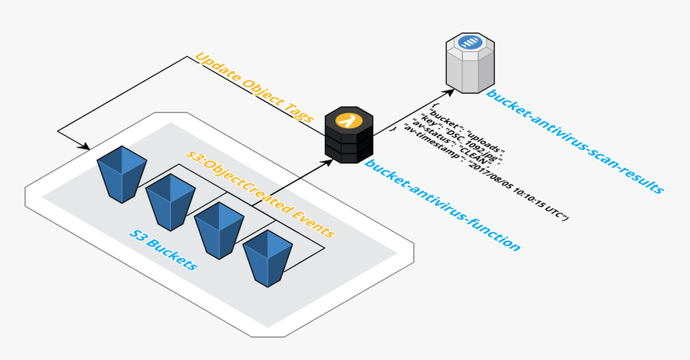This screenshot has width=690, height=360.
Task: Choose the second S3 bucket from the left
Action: [x=170, y=200]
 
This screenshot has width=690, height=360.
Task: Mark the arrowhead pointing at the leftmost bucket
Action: [x=83, y=146]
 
